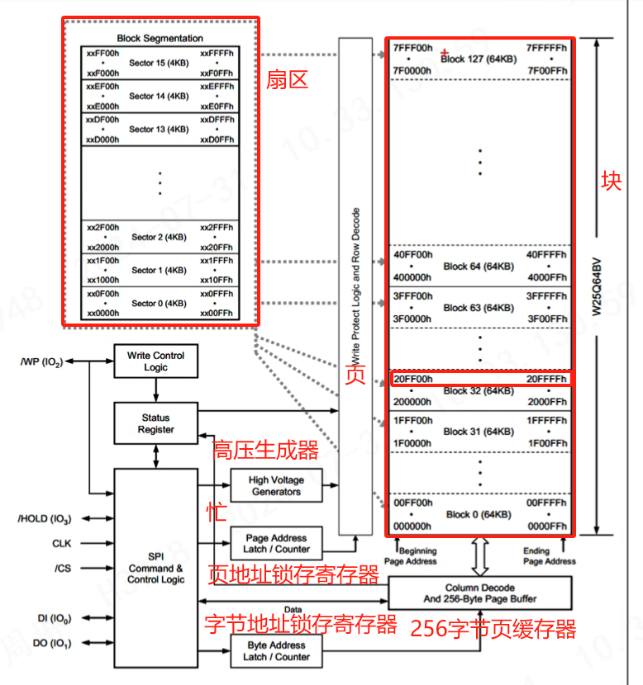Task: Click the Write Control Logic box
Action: (155, 361)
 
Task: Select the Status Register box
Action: (155, 423)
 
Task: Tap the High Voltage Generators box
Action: (276, 485)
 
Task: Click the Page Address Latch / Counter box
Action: (276, 543)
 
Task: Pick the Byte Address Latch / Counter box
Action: (276, 651)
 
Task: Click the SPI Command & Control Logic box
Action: (155, 569)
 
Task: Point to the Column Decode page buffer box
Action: (479, 593)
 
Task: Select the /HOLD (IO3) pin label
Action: (44, 519)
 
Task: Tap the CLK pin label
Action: (63, 544)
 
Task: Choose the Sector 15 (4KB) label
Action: (160, 63)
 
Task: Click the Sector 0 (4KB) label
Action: (160, 304)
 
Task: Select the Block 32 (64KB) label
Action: (479, 391)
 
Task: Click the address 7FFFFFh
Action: (546, 49)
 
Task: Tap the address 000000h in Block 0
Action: (412, 527)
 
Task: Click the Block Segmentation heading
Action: (160, 38)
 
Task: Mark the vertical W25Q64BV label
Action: (595, 285)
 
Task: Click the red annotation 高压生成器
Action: (265, 451)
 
